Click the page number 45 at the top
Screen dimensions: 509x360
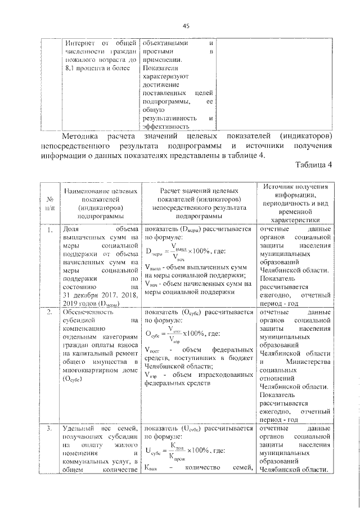point(186,25)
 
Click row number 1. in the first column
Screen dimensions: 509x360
point(49,229)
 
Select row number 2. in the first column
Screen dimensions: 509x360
point(49,311)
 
